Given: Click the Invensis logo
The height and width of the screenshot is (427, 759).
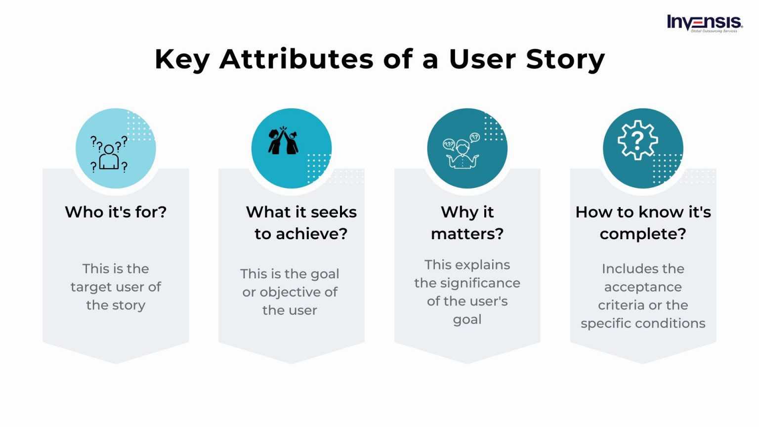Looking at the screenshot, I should tap(704, 23).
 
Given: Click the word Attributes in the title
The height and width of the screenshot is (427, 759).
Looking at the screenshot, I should tap(297, 59).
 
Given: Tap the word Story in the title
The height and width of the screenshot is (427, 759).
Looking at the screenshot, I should tap(565, 59).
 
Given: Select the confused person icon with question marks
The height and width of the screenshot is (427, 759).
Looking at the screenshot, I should tap(109, 154).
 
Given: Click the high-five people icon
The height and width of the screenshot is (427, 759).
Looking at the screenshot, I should tap(284, 141).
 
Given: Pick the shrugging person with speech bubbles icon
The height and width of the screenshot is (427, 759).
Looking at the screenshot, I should tap(462, 151).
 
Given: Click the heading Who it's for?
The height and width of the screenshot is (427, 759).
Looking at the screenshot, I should tap(116, 212).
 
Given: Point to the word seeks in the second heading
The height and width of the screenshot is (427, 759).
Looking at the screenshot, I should tap(334, 212).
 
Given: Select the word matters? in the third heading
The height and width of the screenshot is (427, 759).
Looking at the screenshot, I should tap(467, 234).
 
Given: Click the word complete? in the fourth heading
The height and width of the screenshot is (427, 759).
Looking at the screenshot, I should tap(643, 234).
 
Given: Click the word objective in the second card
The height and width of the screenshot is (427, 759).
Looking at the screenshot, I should tap(291, 293).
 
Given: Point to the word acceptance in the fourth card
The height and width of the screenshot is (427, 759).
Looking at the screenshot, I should tap(643, 287).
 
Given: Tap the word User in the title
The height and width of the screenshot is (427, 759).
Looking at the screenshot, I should tap(482, 59).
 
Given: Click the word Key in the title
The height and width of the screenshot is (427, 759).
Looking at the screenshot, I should tap(182, 59).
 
